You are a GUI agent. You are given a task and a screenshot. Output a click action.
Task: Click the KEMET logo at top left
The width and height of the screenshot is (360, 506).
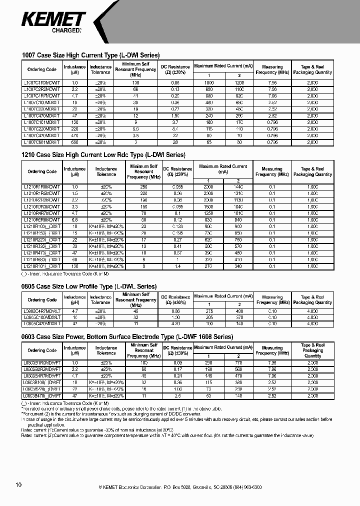[x=53, y=19]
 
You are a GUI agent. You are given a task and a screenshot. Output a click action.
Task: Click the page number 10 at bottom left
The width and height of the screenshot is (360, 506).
[x=18, y=485]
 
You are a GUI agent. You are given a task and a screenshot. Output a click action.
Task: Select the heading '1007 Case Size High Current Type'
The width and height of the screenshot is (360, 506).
[x=91, y=55]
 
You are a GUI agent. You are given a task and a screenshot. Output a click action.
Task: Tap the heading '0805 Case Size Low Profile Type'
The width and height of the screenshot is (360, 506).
[x=89, y=286]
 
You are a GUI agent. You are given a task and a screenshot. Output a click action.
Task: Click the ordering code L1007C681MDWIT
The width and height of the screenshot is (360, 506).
[x=42, y=142]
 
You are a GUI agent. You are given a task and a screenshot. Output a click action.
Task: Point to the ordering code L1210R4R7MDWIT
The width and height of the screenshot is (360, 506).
[x=42, y=213]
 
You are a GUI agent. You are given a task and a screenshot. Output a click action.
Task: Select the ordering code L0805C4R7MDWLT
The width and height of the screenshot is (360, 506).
[x=42, y=311]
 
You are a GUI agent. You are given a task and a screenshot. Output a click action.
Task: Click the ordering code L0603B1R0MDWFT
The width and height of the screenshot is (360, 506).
[x=42, y=362]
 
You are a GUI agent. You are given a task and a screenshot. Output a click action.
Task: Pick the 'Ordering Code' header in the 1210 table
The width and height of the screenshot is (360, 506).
[x=42, y=171]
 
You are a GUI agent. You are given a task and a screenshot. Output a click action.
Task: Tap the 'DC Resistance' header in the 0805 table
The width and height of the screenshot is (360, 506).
[x=175, y=299]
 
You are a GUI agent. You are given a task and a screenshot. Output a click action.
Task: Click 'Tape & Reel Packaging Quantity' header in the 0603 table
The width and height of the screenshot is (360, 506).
[x=312, y=350]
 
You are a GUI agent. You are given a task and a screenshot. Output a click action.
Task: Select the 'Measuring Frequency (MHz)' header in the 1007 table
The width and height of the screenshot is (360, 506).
[x=272, y=69]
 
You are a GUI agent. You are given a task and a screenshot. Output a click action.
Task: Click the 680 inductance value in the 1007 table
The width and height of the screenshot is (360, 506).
[x=75, y=142]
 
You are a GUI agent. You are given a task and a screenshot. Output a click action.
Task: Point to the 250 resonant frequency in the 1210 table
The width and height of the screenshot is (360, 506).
[x=143, y=186]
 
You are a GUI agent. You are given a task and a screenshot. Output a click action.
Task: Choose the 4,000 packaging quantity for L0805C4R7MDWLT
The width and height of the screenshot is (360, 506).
[x=312, y=311]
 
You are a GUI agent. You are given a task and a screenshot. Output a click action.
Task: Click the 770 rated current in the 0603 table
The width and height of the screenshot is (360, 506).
[x=239, y=362]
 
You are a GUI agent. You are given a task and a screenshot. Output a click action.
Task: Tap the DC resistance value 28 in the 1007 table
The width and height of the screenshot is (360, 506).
[x=175, y=142]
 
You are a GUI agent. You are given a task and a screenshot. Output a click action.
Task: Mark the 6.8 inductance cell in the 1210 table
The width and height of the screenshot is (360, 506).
[x=75, y=220]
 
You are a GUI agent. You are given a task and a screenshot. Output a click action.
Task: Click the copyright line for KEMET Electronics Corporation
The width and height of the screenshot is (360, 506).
[x=180, y=486]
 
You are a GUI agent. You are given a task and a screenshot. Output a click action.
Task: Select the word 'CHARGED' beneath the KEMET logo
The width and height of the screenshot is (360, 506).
[x=66, y=30]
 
